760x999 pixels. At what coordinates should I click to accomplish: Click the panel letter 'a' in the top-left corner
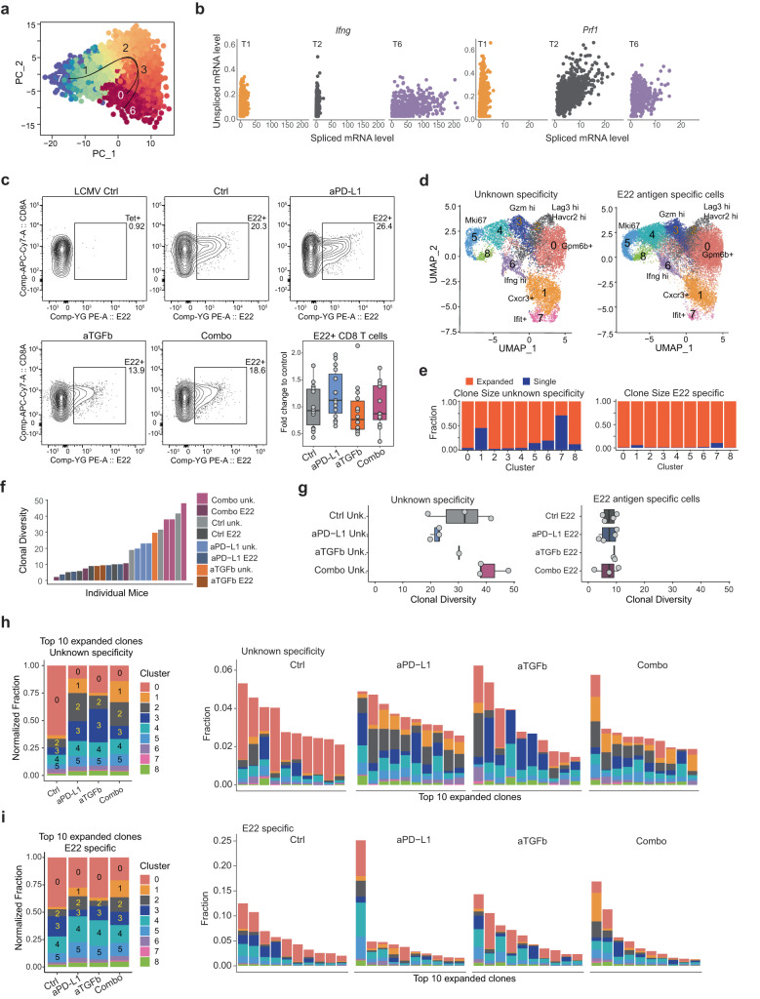coord(7,8)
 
